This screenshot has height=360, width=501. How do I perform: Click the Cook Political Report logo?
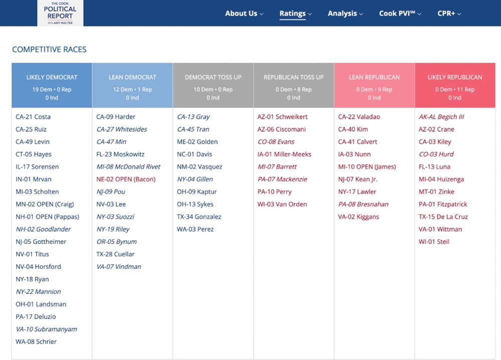(x=60, y=13)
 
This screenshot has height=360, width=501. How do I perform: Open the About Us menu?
(x=243, y=14)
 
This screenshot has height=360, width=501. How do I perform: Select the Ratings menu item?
(x=295, y=14)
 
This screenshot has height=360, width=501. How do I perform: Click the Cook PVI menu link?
(x=400, y=14)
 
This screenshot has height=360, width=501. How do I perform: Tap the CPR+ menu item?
(x=449, y=14)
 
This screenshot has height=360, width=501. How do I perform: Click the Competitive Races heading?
(x=49, y=50)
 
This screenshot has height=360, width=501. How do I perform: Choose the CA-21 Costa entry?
(x=33, y=117)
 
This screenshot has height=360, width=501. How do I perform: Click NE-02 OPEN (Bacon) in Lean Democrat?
(x=126, y=179)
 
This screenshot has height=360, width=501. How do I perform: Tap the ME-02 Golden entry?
(x=197, y=142)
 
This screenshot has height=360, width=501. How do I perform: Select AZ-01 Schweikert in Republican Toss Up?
(x=283, y=117)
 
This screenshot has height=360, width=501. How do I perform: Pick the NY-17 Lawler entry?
(x=357, y=192)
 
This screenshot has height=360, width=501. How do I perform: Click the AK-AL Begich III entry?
(x=441, y=117)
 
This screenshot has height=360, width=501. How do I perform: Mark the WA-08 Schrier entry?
(x=36, y=341)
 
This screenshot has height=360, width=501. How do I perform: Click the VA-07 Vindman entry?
(x=119, y=267)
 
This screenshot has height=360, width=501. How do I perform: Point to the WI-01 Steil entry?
(x=434, y=242)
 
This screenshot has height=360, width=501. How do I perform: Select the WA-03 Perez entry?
(x=195, y=229)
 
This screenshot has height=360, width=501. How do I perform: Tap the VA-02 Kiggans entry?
(x=359, y=217)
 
